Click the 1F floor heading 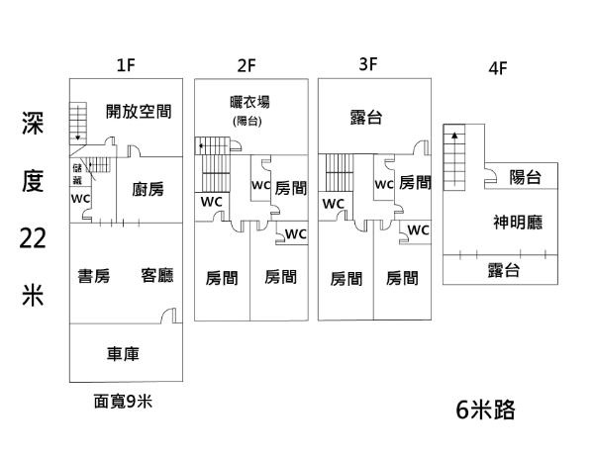[125, 66]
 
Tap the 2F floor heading [247, 66]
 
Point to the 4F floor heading [498, 70]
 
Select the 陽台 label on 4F [525, 178]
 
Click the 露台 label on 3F [366, 118]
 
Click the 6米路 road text [485, 410]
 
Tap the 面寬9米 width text [124, 401]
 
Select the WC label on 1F [80, 198]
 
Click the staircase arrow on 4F [454, 133]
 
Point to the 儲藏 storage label [77, 174]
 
